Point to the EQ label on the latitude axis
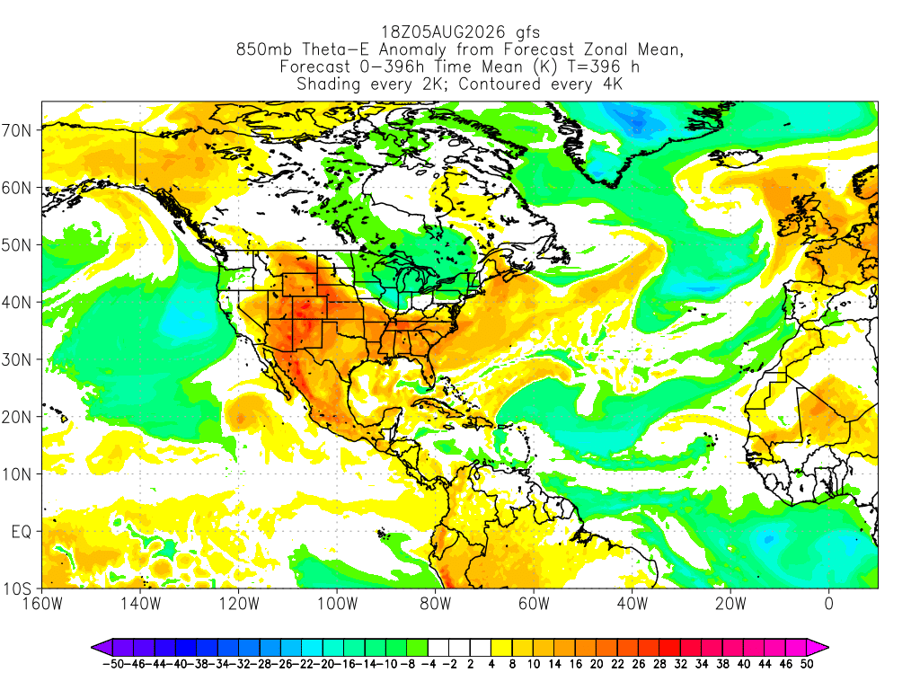[x=22, y=532]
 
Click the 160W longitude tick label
[x=42, y=604]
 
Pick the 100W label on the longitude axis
[x=338, y=604]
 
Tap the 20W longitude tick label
[x=730, y=604]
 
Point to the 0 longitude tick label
[x=829, y=604]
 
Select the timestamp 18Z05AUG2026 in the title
[x=444, y=31]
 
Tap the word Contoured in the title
[x=500, y=84]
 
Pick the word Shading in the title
[x=329, y=84]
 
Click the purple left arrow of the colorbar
[x=102, y=648]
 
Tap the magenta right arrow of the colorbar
[x=818, y=648]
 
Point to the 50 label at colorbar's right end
[x=807, y=664]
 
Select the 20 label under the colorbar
[x=597, y=664]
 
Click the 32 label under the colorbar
[x=681, y=664]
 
